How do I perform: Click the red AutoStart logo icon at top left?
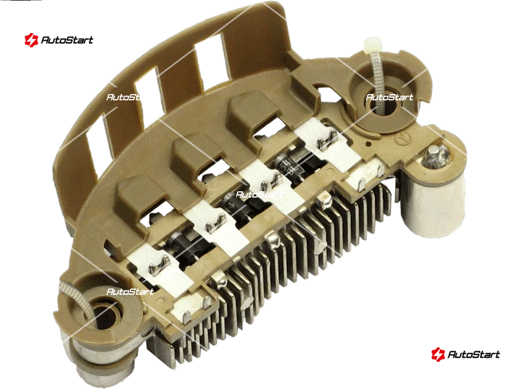pyautogui.click(x=31, y=40)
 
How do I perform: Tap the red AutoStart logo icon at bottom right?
pyautogui.click(x=438, y=354)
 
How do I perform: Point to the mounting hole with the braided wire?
pyautogui.click(x=103, y=314)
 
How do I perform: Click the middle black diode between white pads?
pyautogui.click(x=244, y=204)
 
